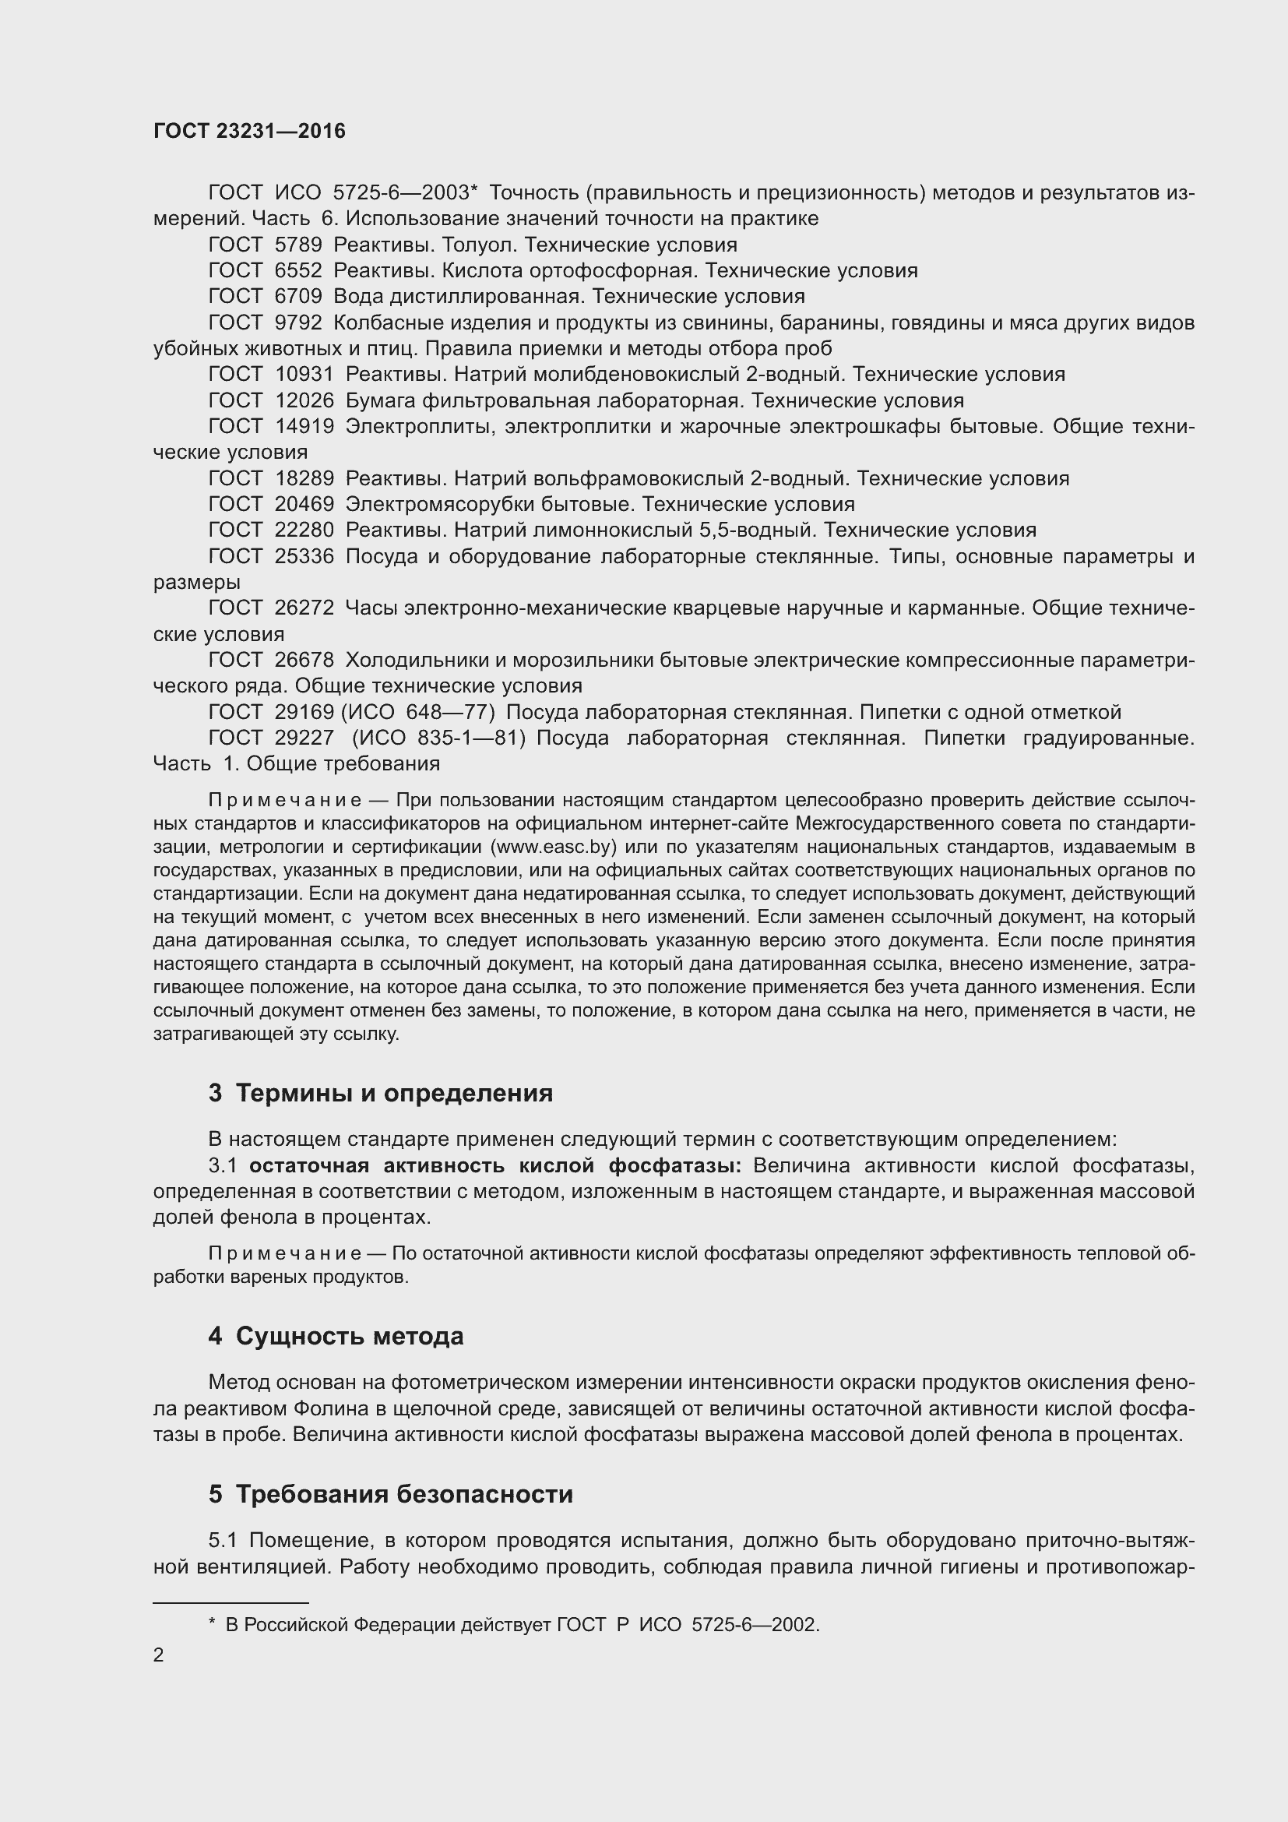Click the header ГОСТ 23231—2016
point(249,131)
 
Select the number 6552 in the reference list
point(298,270)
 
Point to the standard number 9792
point(298,323)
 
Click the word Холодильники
point(418,661)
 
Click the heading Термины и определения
point(394,1093)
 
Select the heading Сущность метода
point(350,1337)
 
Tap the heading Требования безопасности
point(404,1494)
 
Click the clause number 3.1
point(223,1166)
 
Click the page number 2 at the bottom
point(159,1655)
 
